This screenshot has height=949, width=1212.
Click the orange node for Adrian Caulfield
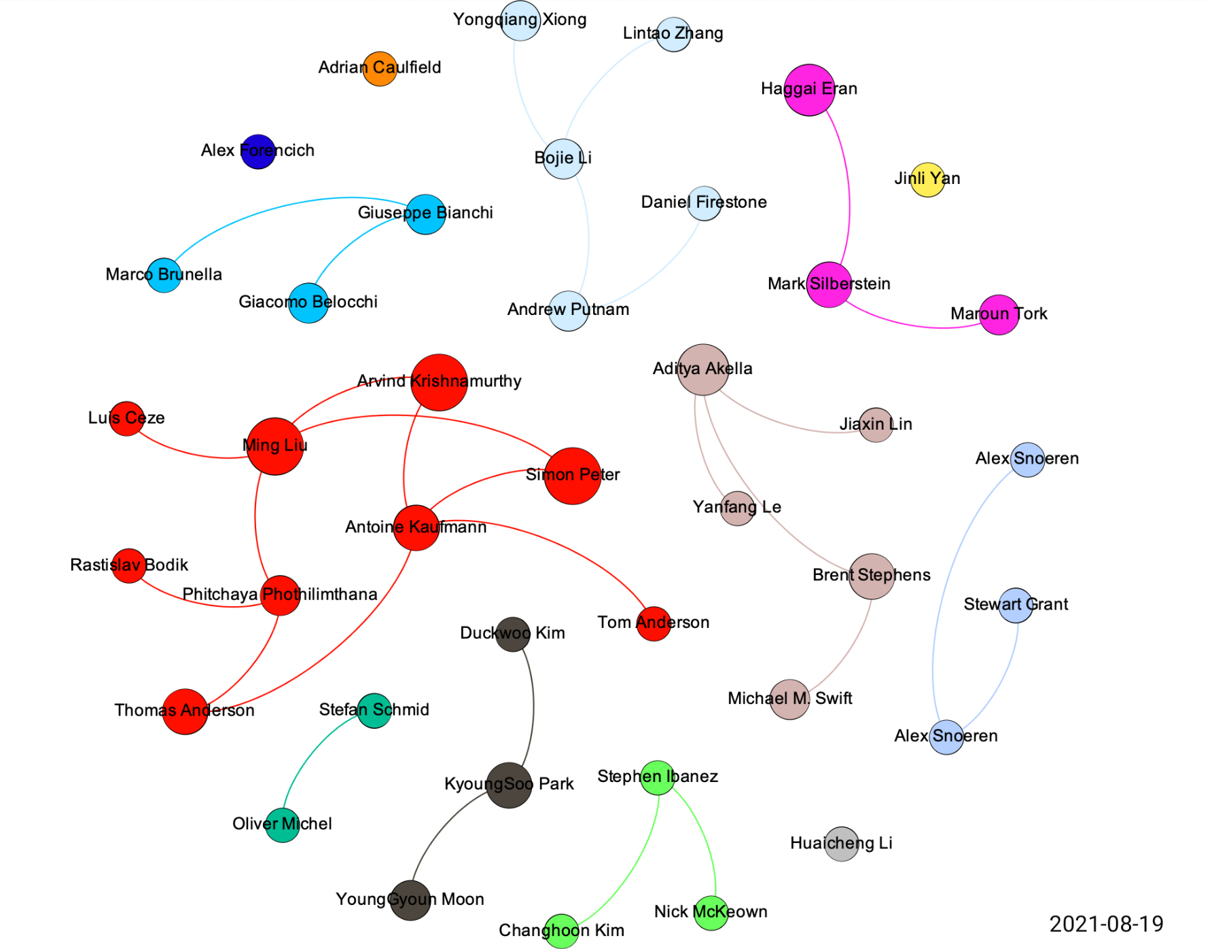click(380, 69)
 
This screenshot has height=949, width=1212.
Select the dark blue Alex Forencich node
click(258, 151)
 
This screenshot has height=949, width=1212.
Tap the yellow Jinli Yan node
click(927, 180)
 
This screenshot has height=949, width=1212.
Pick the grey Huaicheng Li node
click(842, 844)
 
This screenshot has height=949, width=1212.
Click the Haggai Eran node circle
click(809, 90)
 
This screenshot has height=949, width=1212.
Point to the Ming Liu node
click(274, 446)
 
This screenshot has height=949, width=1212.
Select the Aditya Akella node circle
click(703, 370)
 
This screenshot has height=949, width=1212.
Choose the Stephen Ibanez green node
click(658, 778)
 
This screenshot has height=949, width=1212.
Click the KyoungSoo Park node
click(509, 785)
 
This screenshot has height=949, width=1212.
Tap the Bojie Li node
click(563, 159)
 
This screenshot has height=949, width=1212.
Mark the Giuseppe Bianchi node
click(425, 215)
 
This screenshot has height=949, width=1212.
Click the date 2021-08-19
click(1106, 924)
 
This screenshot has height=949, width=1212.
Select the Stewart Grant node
click(1016, 606)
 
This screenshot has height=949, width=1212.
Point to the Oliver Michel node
click(283, 825)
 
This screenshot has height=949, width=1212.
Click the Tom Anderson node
click(654, 623)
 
